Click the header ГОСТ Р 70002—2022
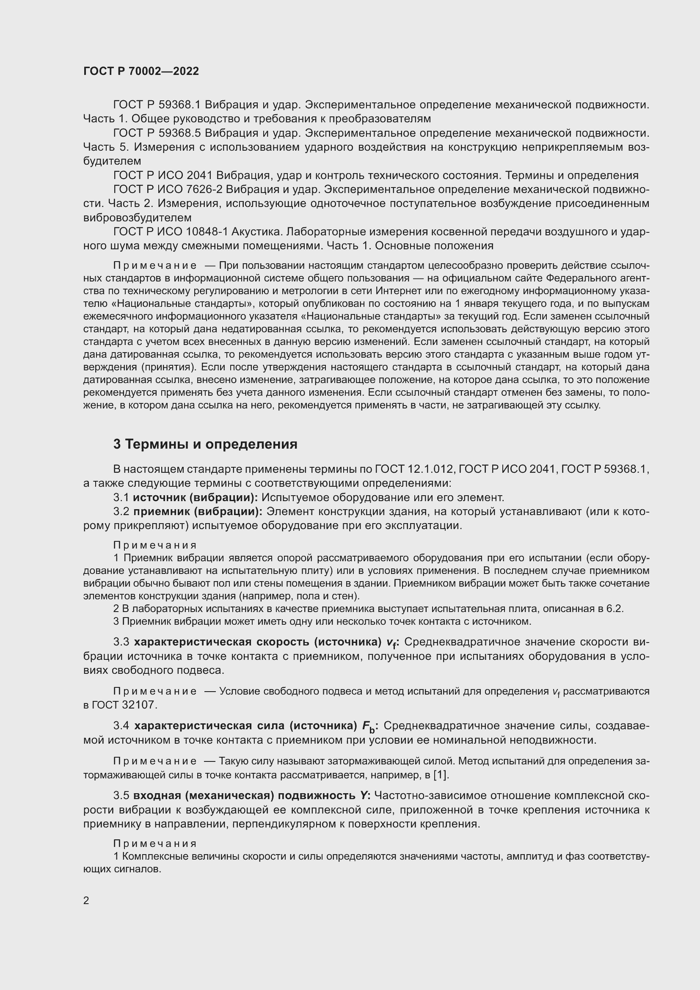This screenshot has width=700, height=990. click(x=141, y=72)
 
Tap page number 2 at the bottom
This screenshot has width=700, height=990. click(x=86, y=900)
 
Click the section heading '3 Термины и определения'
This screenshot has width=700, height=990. click(x=205, y=444)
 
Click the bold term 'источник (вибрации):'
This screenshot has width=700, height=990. click(x=195, y=498)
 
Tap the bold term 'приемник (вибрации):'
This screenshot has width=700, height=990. click(x=198, y=512)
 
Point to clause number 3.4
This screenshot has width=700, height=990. click(x=121, y=726)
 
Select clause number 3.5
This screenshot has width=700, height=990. click(x=121, y=796)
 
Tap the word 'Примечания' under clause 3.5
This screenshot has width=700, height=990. click(x=155, y=844)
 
